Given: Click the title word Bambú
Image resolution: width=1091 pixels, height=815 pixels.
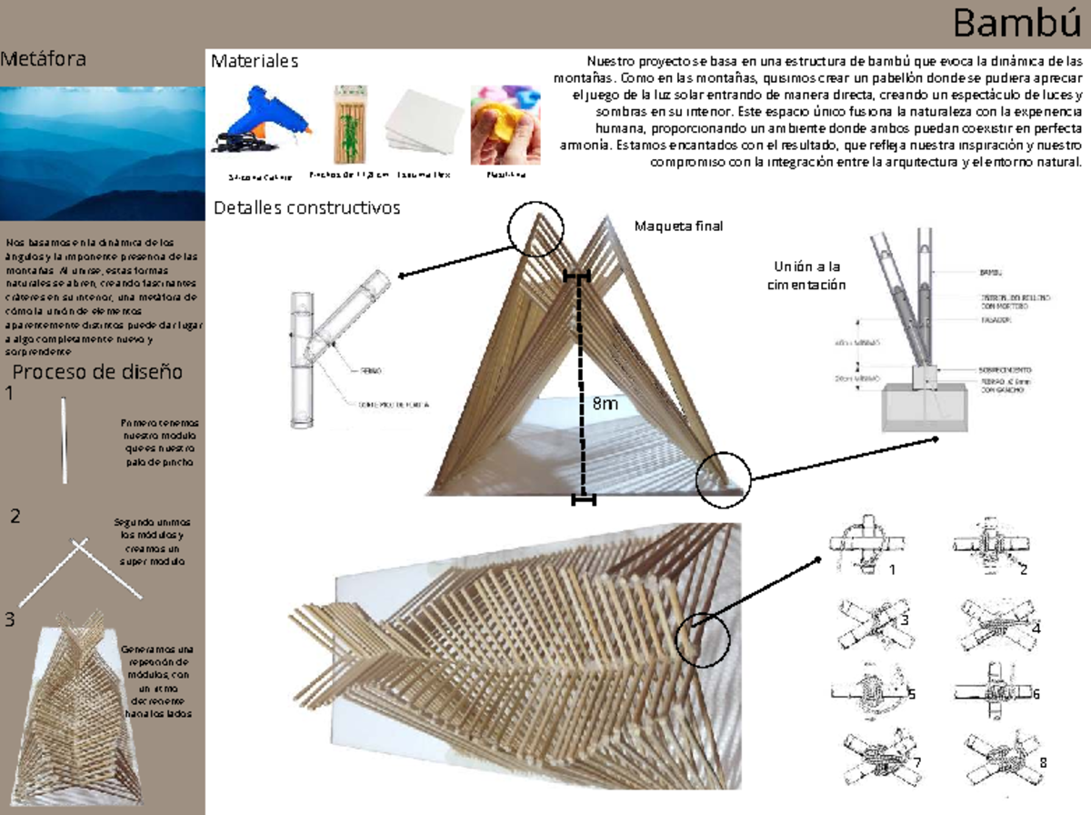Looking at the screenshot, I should [1018, 24].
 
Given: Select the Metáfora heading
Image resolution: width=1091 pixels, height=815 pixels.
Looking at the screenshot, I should [44, 60].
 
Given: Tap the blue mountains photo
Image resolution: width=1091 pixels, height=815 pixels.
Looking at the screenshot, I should [102, 153].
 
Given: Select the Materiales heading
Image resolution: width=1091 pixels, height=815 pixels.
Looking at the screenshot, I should [255, 62].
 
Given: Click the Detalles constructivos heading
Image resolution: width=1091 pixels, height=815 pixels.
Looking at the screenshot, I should [306, 207].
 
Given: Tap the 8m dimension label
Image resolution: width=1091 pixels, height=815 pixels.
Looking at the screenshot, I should [604, 405].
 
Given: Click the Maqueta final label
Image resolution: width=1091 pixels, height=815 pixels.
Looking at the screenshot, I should [679, 226].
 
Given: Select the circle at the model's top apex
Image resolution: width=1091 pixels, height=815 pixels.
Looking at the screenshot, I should [535, 227].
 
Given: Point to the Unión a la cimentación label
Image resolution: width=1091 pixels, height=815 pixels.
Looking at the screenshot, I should [808, 275].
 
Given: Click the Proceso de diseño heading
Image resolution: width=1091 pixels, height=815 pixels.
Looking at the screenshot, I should [97, 371].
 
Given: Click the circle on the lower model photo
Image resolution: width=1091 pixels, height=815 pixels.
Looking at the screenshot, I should [703, 639].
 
